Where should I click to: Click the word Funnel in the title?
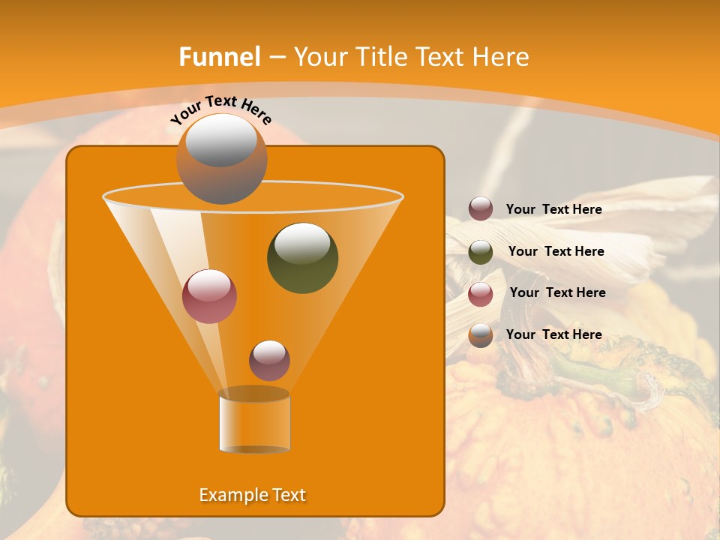tap(220, 57)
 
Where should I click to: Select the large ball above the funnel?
tap(221, 158)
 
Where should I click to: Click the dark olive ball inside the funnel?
tap(302, 257)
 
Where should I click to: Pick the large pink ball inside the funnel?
tap(209, 296)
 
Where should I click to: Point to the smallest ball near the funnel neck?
tap(269, 360)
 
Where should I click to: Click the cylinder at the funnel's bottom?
tap(254, 422)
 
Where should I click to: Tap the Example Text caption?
tap(252, 495)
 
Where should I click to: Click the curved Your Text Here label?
tap(220, 109)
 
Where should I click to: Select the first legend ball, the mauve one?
tap(481, 208)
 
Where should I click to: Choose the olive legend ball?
tap(481, 252)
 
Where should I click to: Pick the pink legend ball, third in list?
tap(481, 294)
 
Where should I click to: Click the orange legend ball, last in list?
tap(481, 335)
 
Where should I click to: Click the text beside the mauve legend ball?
tap(553, 209)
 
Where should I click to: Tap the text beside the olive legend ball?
tap(556, 251)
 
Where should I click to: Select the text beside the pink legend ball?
tap(557, 292)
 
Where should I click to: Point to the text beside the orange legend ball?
tap(553, 334)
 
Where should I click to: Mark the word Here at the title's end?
tap(502, 57)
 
